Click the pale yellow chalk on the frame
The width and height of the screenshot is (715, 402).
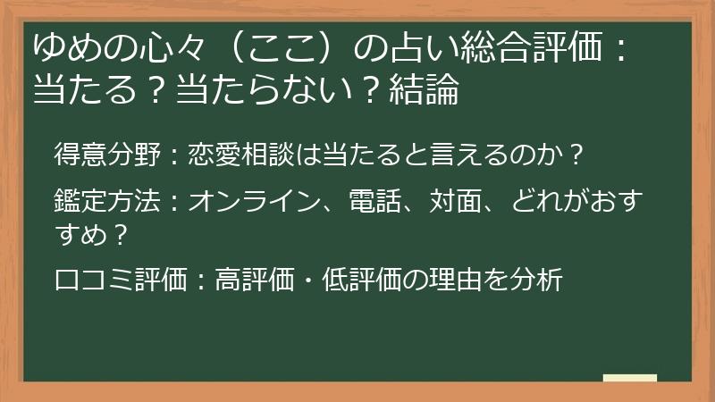630,379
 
